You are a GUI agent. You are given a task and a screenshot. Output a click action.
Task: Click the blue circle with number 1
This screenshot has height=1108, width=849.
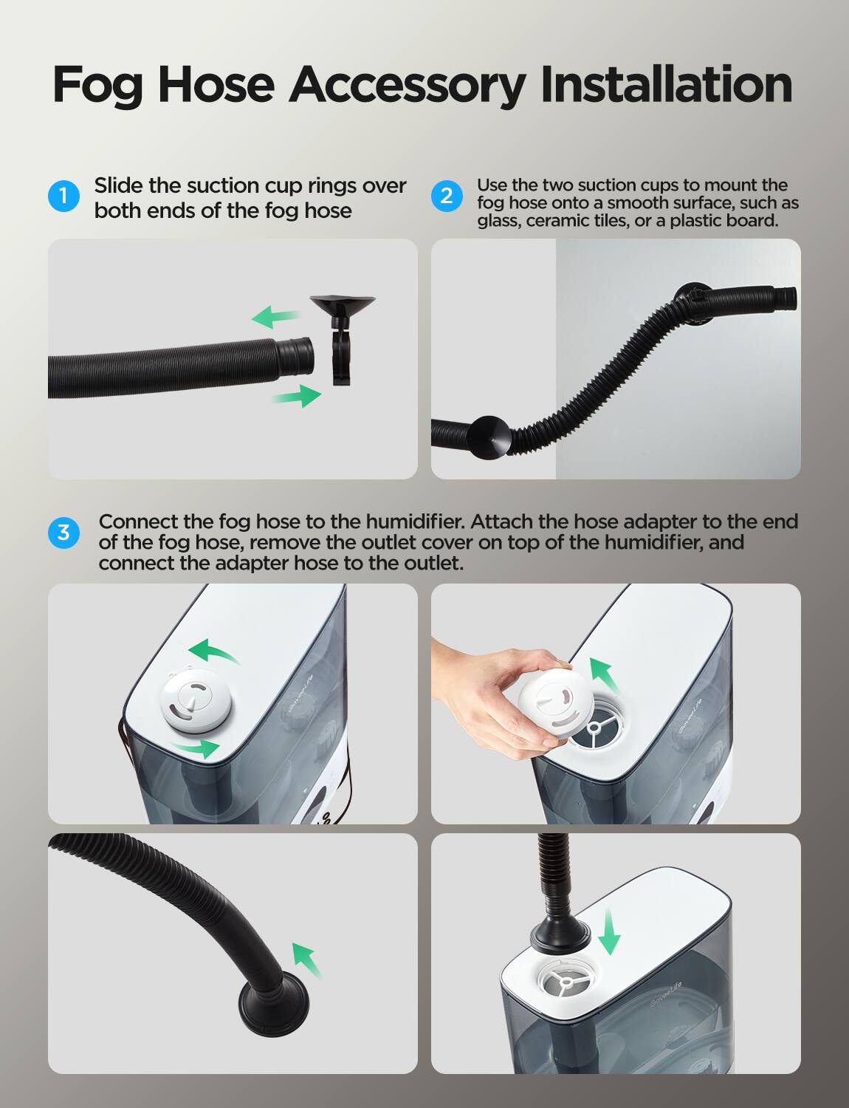(x=63, y=196)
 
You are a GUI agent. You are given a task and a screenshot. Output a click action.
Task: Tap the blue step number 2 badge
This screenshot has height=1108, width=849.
(x=446, y=196)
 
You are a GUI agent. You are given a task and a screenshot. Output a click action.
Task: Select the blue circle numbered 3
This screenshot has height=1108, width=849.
(x=63, y=532)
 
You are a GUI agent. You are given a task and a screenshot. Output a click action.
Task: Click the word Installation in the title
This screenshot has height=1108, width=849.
(x=666, y=85)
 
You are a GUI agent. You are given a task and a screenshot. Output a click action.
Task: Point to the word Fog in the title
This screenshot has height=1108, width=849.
(x=97, y=85)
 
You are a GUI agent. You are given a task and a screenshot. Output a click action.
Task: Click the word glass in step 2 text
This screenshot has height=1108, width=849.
(x=498, y=221)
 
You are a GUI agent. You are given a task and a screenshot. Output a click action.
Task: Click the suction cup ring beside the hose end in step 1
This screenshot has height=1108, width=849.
(x=342, y=340)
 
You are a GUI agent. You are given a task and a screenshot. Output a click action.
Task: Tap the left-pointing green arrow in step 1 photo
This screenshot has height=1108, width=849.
(x=275, y=317)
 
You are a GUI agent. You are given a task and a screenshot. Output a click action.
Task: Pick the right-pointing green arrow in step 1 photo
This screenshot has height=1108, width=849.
(x=297, y=397)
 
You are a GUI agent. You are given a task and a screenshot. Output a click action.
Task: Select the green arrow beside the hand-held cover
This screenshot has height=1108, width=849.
(x=603, y=675)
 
